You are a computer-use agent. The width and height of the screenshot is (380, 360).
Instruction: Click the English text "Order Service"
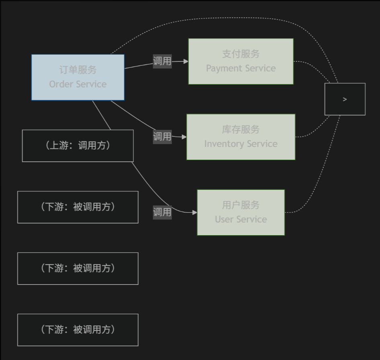click(78, 84)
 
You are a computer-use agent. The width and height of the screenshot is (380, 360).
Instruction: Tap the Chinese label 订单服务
click(78, 70)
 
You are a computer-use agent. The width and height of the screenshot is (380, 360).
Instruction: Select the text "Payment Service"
click(241, 68)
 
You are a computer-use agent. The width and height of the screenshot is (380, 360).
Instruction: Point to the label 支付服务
click(241, 54)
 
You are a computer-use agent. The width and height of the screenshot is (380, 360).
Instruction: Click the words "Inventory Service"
click(241, 144)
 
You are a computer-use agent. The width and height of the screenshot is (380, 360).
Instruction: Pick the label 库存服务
click(241, 129)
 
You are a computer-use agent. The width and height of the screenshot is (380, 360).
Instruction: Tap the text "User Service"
click(241, 219)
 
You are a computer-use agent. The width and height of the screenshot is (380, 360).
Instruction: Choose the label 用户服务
click(241, 205)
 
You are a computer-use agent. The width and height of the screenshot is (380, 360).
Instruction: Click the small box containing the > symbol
click(345, 99)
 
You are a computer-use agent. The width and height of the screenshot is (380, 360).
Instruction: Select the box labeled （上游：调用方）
click(78, 146)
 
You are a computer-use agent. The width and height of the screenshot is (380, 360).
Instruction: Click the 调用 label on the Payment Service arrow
click(162, 61)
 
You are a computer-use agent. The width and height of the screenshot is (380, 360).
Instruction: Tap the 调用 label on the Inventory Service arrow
click(162, 136)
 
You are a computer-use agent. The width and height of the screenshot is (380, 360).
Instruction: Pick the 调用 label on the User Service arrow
click(162, 212)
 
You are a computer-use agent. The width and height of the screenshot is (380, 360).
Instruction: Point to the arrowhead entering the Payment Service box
click(186, 61)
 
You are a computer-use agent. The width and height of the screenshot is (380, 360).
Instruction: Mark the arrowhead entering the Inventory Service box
click(184, 137)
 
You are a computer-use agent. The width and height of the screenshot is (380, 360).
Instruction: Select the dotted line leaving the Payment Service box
click(313, 66)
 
